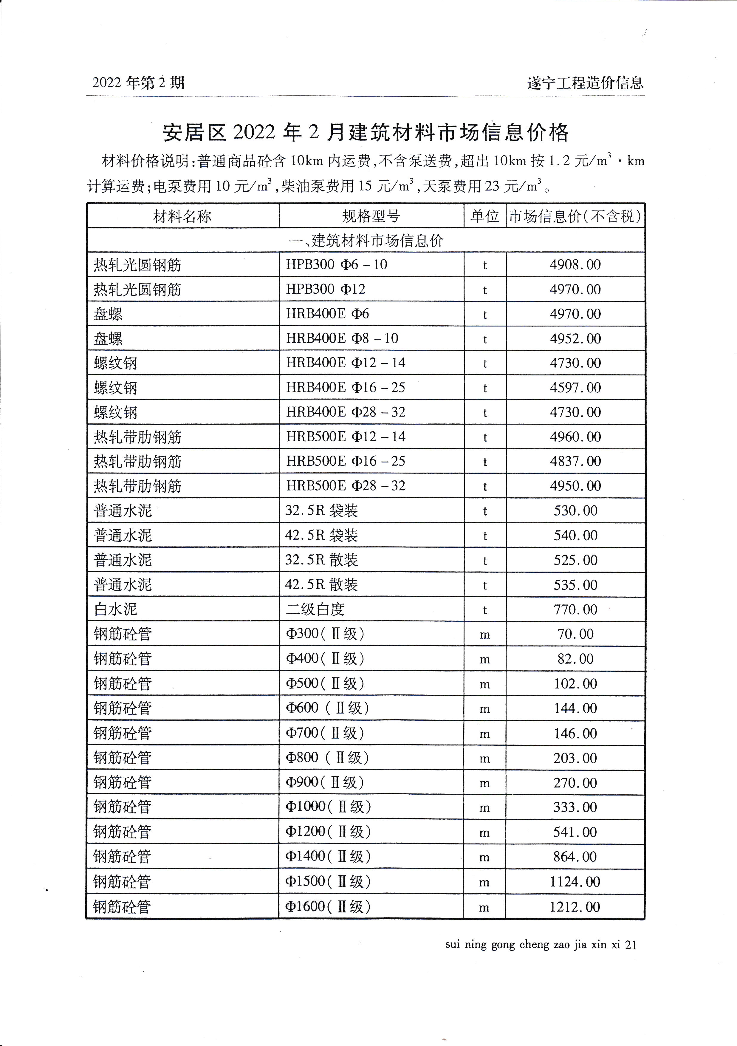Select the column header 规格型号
point(371,216)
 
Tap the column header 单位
point(485,216)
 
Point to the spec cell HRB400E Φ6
point(327,314)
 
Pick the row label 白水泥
point(115,609)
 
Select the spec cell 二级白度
point(315,609)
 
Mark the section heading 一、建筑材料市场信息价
point(366,241)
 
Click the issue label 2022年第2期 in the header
point(138,83)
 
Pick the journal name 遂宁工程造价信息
point(585,83)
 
